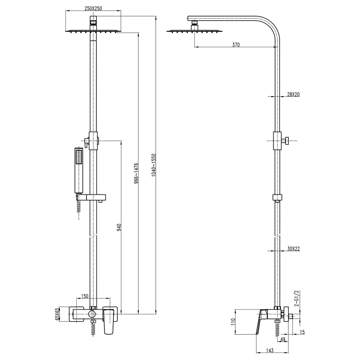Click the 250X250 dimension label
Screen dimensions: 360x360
[x=93, y=9]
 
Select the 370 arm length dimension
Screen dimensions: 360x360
[x=236, y=45]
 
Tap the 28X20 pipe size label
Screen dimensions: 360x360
[x=293, y=94]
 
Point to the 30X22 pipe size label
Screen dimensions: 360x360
[x=293, y=249]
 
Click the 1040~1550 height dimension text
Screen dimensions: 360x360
[x=154, y=165]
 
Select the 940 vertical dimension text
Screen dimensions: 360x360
[x=119, y=227]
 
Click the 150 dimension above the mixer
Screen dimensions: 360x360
[x=85, y=296]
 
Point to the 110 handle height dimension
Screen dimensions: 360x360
[x=233, y=321]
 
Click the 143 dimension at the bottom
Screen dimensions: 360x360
[x=270, y=350]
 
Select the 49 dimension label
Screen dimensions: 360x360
[x=283, y=339]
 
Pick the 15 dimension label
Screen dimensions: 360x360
[x=302, y=332]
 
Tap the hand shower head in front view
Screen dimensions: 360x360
[x=79, y=170]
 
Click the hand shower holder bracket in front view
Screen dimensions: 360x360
[x=91, y=197]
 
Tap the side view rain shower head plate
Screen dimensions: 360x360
[x=195, y=31]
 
